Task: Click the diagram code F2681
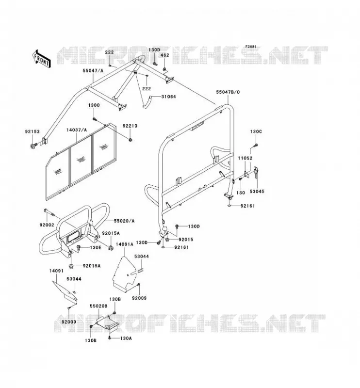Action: click(250, 47)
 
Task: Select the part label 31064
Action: click(168, 97)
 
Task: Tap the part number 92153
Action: click(32, 131)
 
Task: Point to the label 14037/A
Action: click(77, 130)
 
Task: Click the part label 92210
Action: click(130, 126)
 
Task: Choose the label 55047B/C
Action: click(228, 92)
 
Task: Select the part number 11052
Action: click(245, 158)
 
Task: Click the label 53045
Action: click(257, 191)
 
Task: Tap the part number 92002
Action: click(47, 225)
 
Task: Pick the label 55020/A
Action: click(124, 221)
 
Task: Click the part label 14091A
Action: click(125, 244)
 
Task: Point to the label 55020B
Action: click(98, 306)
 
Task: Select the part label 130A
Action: click(126, 338)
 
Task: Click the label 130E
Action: click(95, 247)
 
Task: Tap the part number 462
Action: click(164, 55)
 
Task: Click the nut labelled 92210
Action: click(130, 140)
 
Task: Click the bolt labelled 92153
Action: click(33, 146)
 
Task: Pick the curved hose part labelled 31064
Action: click(147, 102)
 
